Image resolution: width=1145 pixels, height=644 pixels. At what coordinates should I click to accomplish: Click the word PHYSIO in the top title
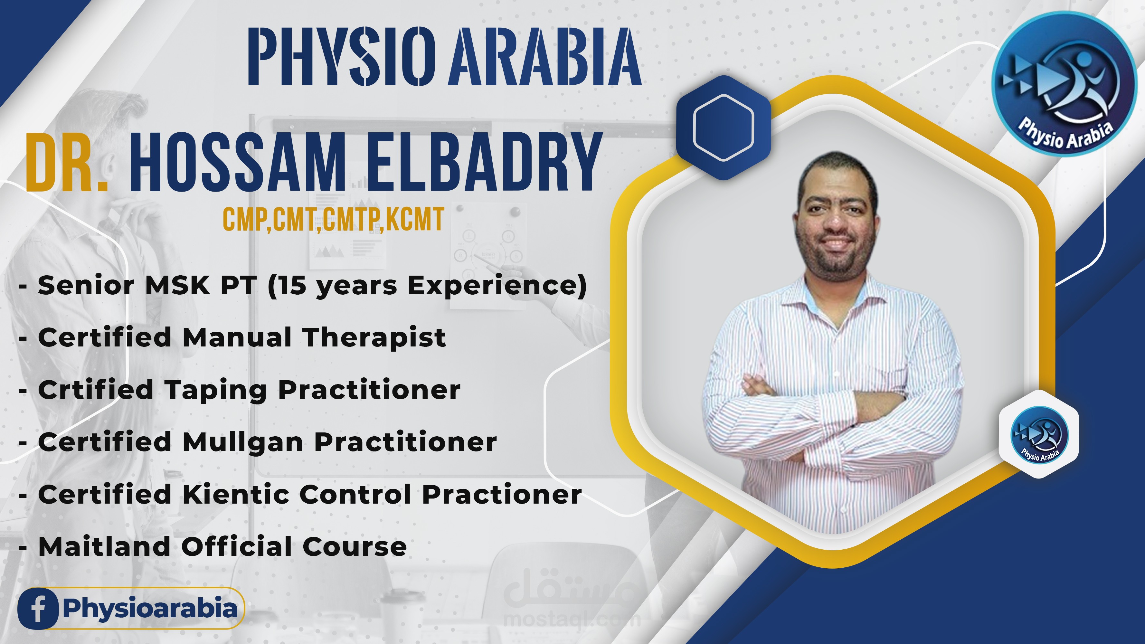point(341,56)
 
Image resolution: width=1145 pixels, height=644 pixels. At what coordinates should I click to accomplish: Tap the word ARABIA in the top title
point(545,56)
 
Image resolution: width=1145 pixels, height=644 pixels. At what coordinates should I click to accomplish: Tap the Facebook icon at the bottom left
point(38,609)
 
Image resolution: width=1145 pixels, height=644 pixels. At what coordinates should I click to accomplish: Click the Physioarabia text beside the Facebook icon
point(150,609)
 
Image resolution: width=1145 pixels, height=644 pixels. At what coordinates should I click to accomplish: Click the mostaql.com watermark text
point(572,619)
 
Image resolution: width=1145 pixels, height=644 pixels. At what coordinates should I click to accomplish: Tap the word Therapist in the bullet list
point(374,338)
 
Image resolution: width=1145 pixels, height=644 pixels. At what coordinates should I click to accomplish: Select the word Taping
point(216,391)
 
